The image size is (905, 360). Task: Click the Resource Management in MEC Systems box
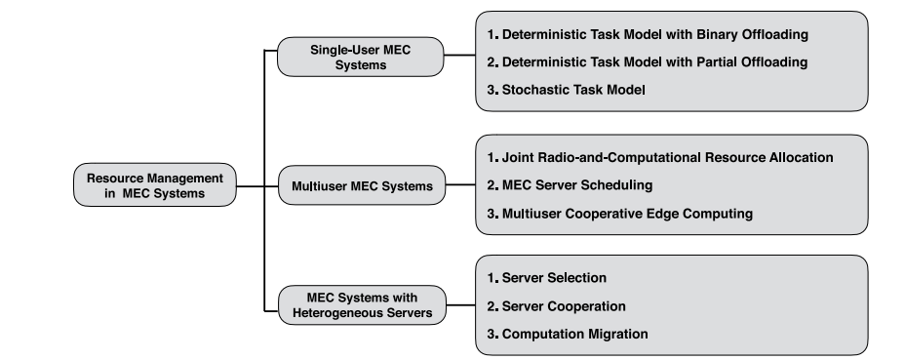[155, 184]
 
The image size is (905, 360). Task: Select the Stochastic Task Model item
[567, 90]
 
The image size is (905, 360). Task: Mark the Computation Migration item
[566, 334]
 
